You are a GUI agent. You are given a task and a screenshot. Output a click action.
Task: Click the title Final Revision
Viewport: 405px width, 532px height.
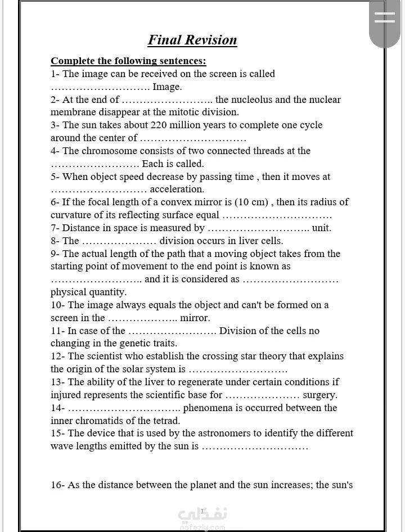point(192,40)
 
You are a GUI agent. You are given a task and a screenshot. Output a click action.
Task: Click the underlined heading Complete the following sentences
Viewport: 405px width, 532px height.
point(128,61)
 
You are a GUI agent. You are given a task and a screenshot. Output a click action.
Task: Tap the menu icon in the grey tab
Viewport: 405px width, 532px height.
point(385,17)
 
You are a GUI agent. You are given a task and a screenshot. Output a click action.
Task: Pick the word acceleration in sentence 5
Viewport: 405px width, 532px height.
point(177,190)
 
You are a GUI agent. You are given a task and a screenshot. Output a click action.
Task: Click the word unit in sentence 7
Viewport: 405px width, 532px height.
point(321,228)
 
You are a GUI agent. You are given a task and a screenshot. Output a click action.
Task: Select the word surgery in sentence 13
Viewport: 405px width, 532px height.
point(319,395)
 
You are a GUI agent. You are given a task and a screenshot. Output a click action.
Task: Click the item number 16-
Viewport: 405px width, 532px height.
point(58,485)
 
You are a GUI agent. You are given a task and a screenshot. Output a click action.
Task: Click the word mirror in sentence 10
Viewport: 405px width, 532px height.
point(195,318)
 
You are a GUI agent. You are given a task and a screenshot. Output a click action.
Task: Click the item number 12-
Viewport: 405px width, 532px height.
point(58,356)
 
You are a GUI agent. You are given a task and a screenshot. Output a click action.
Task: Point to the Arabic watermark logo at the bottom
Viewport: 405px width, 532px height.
point(202,515)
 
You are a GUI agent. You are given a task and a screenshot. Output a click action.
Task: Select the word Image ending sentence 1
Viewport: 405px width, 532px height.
point(167,87)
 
